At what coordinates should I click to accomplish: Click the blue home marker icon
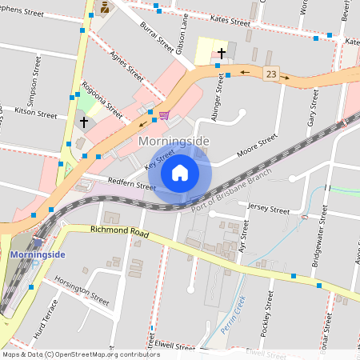[180, 173]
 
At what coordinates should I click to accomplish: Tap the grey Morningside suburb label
[174, 142]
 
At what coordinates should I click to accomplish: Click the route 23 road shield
[272, 74]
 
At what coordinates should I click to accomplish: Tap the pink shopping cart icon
[164, 115]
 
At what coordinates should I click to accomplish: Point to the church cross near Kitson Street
[83, 122]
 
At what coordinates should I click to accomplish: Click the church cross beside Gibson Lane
[221, 53]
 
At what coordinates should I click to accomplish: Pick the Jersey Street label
[268, 210]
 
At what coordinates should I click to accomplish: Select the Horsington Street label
[82, 290]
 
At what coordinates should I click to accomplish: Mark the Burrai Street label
[156, 35]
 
